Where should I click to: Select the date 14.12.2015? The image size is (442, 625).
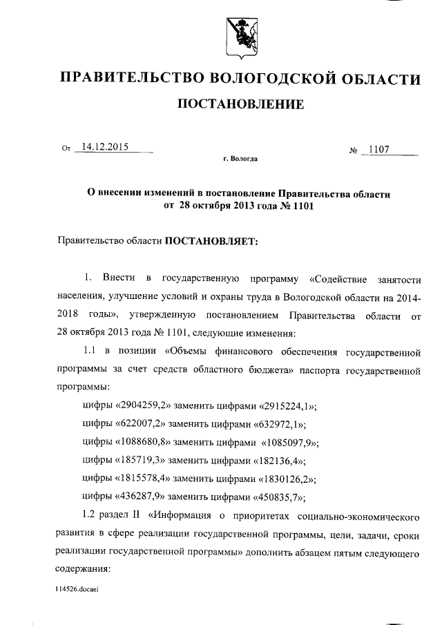pos(106,146)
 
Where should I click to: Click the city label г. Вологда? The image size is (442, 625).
pos(241,159)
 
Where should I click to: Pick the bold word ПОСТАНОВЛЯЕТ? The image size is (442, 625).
pos(211,242)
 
